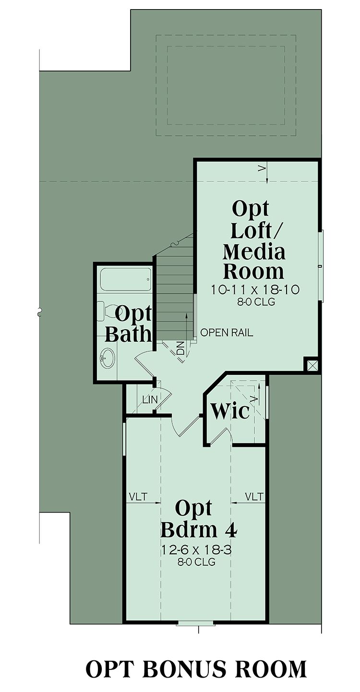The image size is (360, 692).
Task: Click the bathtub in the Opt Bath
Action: tap(126, 279)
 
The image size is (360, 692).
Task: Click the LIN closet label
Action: tap(150, 399)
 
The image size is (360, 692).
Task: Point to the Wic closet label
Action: tap(230, 411)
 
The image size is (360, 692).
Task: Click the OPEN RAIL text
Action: tap(227, 333)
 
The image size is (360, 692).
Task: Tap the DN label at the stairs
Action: tap(180, 347)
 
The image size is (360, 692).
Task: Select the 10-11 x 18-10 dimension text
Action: tap(255, 290)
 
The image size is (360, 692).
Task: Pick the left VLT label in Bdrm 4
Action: tap(138, 497)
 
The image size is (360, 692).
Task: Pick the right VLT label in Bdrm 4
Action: tap(254, 497)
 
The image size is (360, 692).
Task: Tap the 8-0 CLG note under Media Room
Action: tap(256, 302)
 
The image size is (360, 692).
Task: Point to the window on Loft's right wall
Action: tap(322, 266)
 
